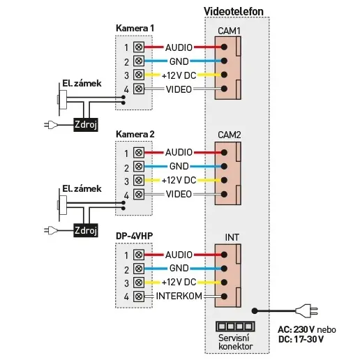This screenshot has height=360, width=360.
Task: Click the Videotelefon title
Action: click(x=234, y=11)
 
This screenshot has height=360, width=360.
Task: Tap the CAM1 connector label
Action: click(x=229, y=31)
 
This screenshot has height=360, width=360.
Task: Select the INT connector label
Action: click(x=232, y=237)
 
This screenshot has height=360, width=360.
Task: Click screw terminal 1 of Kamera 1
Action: click(x=139, y=47)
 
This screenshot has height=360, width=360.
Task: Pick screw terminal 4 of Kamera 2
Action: click(x=139, y=194)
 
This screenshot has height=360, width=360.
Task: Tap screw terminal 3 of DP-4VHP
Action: click(x=139, y=283)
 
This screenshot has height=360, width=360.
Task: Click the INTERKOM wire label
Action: click(x=179, y=296)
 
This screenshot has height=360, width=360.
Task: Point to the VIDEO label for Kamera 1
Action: click(x=179, y=89)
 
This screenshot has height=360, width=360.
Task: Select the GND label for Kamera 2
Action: click(x=179, y=166)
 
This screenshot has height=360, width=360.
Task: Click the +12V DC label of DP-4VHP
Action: click(x=179, y=282)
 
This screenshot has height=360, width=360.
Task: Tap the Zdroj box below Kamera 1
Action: click(x=86, y=125)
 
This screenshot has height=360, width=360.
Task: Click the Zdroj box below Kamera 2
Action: click(x=86, y=230)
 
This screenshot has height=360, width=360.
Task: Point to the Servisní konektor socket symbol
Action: click(x=235, y=327)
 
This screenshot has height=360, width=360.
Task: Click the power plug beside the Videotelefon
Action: click(x=306, y=310)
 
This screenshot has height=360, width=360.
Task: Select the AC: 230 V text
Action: click(x=297, y=329)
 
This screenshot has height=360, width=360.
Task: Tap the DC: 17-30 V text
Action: click(x=301, y=339)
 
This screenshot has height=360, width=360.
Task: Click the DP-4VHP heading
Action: click(x=134, y=236)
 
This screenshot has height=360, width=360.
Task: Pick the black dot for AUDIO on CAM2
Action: click(x=224, y=153)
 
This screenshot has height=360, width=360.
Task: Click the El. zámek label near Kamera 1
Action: click(x=82, y=84)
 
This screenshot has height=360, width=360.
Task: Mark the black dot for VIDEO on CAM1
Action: click(x=224, y=89)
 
